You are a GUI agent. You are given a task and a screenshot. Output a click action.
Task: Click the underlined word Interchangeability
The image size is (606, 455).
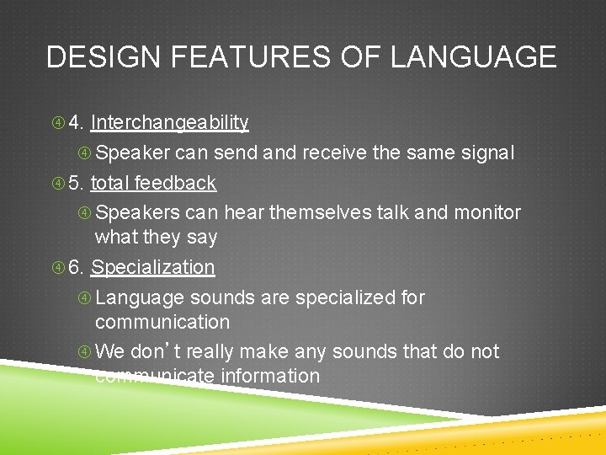click(x=170, y=123)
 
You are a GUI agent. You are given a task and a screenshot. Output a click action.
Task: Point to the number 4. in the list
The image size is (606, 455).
click(x=76, y=123)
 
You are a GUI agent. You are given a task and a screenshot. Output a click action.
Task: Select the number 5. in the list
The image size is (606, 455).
click(x=76, y=183)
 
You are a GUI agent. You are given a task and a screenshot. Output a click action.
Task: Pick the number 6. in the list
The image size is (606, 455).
click(x=76, y=268)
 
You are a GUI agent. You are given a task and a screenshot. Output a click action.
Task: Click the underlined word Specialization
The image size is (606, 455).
click(x=153, y=268)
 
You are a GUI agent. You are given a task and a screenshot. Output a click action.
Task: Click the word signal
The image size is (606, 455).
click(x=483, y=153)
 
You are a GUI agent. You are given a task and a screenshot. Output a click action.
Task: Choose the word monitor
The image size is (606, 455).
click(x=487, y=212)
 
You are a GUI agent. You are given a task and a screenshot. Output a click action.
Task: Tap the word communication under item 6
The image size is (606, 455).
click(x=162, y=322)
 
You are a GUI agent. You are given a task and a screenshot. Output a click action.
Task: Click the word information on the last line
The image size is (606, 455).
click(x=270, y=376)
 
